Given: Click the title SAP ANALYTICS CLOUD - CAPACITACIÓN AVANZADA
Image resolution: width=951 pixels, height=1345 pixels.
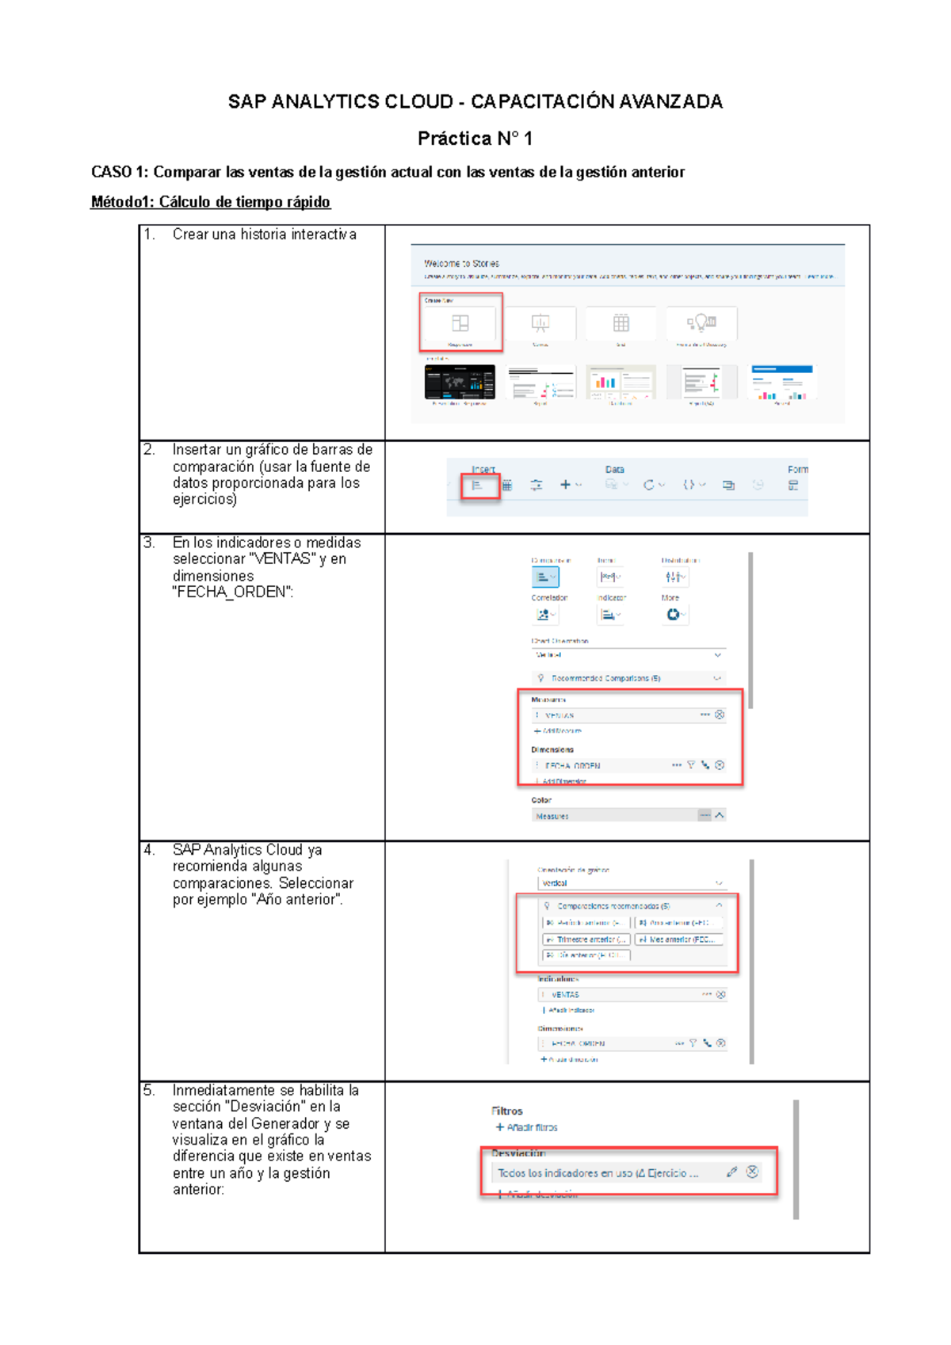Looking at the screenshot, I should click(475, 101).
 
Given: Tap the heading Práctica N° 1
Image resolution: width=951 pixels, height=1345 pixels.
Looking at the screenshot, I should click(475, 139).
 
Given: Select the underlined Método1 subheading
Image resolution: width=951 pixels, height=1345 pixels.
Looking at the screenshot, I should click(210, 202).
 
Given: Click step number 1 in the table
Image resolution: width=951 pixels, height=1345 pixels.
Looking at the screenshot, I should click(149, 234).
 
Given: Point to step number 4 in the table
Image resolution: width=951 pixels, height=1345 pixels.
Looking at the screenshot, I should click(149, 850).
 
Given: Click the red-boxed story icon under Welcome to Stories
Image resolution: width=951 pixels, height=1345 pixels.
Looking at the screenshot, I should click(460, 323).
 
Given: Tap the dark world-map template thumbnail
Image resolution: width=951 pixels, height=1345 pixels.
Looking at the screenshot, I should click(460, 383).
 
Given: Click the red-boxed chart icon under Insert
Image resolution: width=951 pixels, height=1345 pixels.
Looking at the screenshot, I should click(479, 486).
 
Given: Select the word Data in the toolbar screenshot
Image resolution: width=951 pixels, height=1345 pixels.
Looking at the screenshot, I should click(614, 470).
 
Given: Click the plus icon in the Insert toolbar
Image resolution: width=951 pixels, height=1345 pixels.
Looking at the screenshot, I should click(566, 485).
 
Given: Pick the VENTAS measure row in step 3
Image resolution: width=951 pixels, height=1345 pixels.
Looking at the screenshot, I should click(618, 715).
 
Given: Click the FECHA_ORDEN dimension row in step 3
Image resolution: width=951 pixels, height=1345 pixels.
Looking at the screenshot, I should click(602, 765).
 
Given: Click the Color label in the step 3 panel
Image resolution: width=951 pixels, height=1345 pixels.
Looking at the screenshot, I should click(541, 800).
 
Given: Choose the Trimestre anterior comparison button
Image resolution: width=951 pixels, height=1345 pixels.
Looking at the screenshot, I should click(586, 939).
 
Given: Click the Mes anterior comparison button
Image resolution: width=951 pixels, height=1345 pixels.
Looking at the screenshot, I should click(679, 939).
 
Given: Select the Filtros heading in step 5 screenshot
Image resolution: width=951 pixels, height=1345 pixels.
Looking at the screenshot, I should click(506, 1111).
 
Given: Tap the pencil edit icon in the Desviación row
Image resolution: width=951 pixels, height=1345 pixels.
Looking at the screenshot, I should click(731, 1172).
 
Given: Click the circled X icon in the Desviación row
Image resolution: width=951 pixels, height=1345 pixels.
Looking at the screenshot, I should click(752, 1172).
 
